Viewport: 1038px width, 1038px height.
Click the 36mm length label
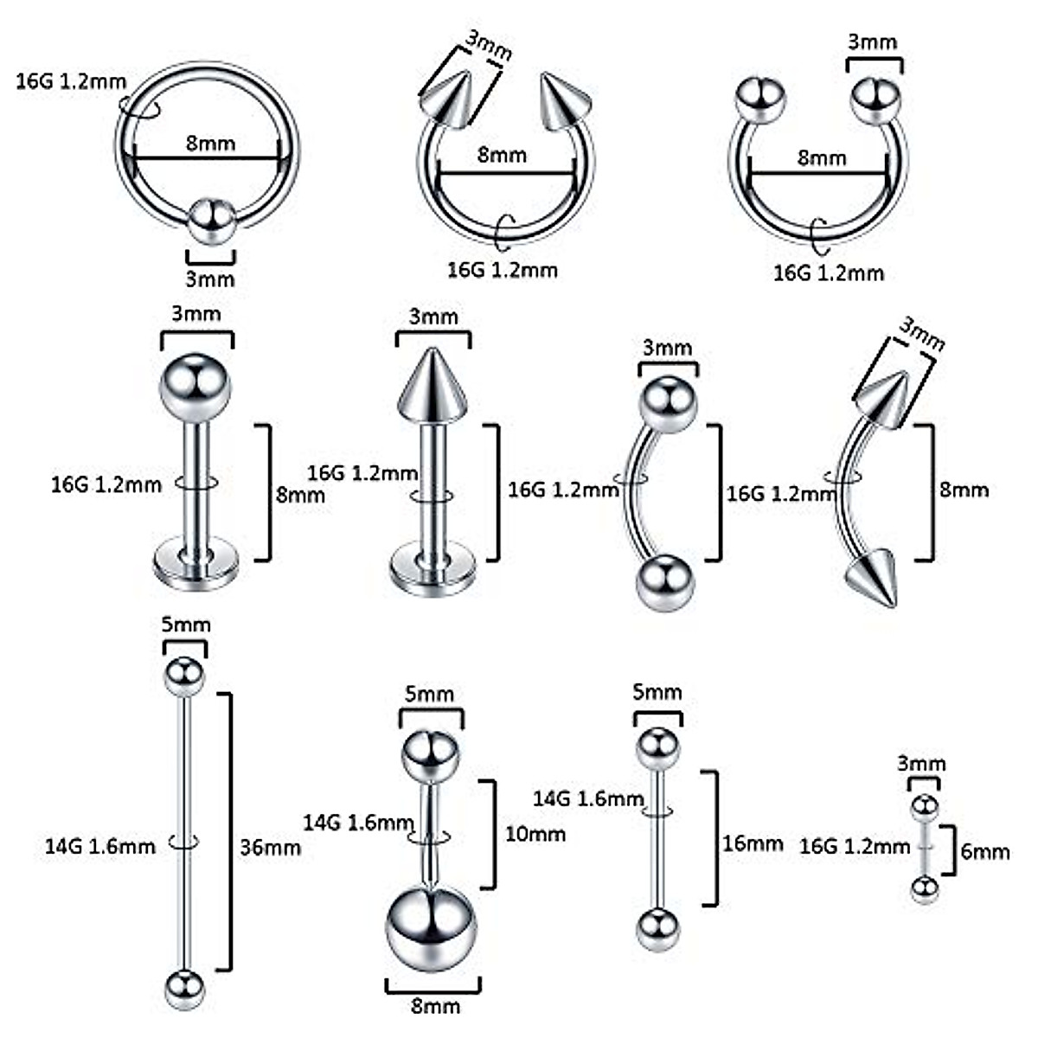[x=270, y=847]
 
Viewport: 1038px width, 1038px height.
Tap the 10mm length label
[x=535, y=834]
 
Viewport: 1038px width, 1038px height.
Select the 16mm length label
[x=753, y=843]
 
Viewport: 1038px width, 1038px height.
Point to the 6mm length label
[x=985, y=851]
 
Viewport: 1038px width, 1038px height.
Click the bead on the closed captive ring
[x=212, y=223]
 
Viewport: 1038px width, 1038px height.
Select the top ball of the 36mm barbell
[x=184, y=676]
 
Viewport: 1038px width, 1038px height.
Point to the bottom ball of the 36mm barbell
[x=184, y=989]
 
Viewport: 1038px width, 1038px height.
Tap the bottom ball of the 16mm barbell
[x=658, y=930]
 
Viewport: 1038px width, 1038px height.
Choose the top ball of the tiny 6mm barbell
[x=924, y=806]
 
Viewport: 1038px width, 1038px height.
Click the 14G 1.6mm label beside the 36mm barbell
[x=100, y=845]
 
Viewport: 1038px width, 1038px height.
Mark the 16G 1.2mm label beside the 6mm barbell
[x=855, y=845]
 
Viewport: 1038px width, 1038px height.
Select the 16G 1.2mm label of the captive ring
[x=71, y=82]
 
